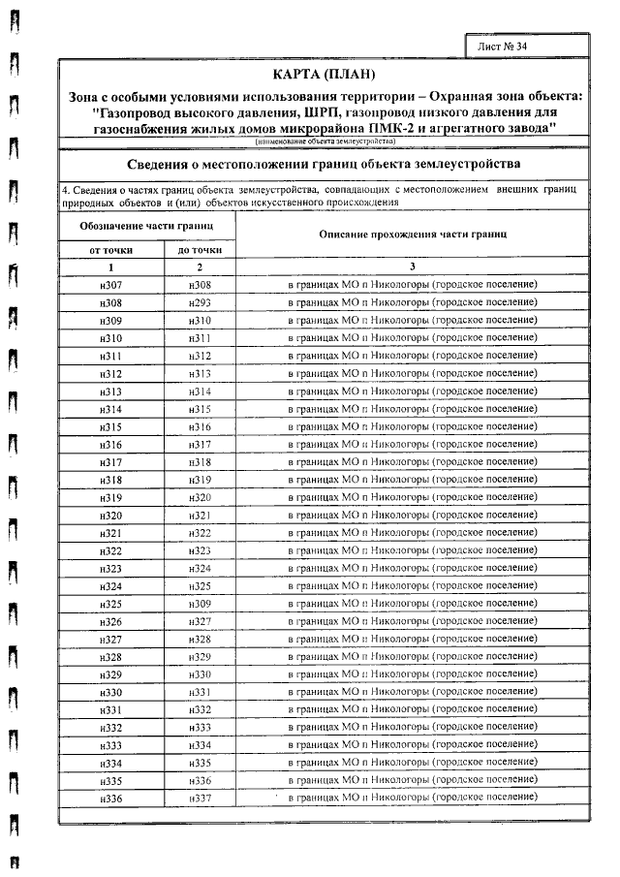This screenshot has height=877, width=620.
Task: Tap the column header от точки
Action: (x=110, y=249)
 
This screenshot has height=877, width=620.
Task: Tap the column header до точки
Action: (x=200, y=249)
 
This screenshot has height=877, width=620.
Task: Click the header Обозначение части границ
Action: (x=147, y=226)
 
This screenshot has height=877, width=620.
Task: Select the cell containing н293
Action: (x=200, y=301)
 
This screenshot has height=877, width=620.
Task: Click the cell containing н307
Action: (x=110, y=284)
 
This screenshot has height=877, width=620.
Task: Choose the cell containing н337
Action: (x=200, y=798)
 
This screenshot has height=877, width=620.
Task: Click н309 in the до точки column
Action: (x=200, y=604)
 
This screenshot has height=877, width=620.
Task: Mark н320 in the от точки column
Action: (x=110, y=516)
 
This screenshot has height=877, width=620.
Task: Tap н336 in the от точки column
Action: (x=110, y=798)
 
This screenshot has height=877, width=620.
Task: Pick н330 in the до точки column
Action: (x=200, y=673)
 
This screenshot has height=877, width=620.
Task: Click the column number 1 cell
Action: (x=110, y=266)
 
